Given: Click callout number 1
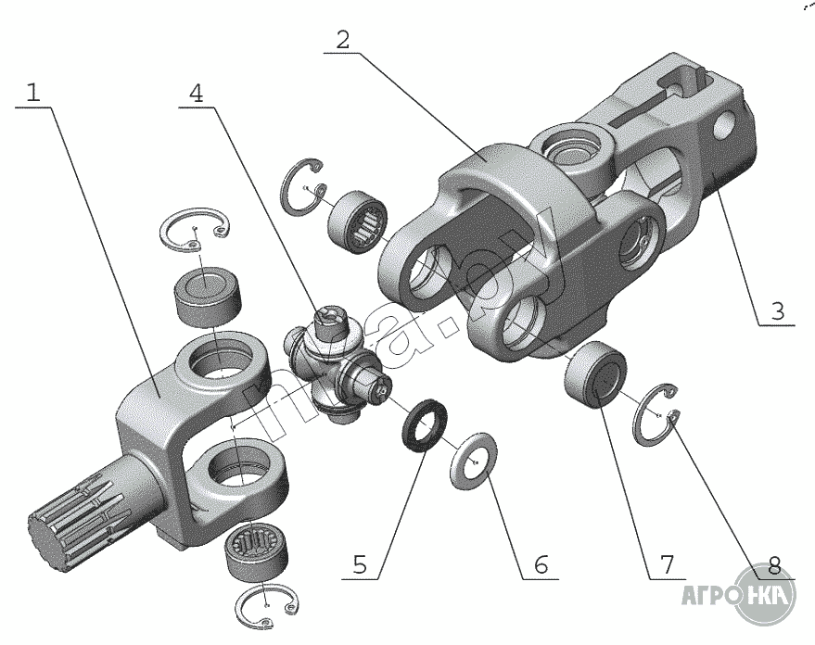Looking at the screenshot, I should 33,94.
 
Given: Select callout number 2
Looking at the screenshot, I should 342,40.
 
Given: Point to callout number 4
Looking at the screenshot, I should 197,94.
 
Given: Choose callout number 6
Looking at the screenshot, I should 541,563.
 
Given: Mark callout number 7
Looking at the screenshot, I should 666,563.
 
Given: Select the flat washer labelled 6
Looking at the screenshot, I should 472,458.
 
